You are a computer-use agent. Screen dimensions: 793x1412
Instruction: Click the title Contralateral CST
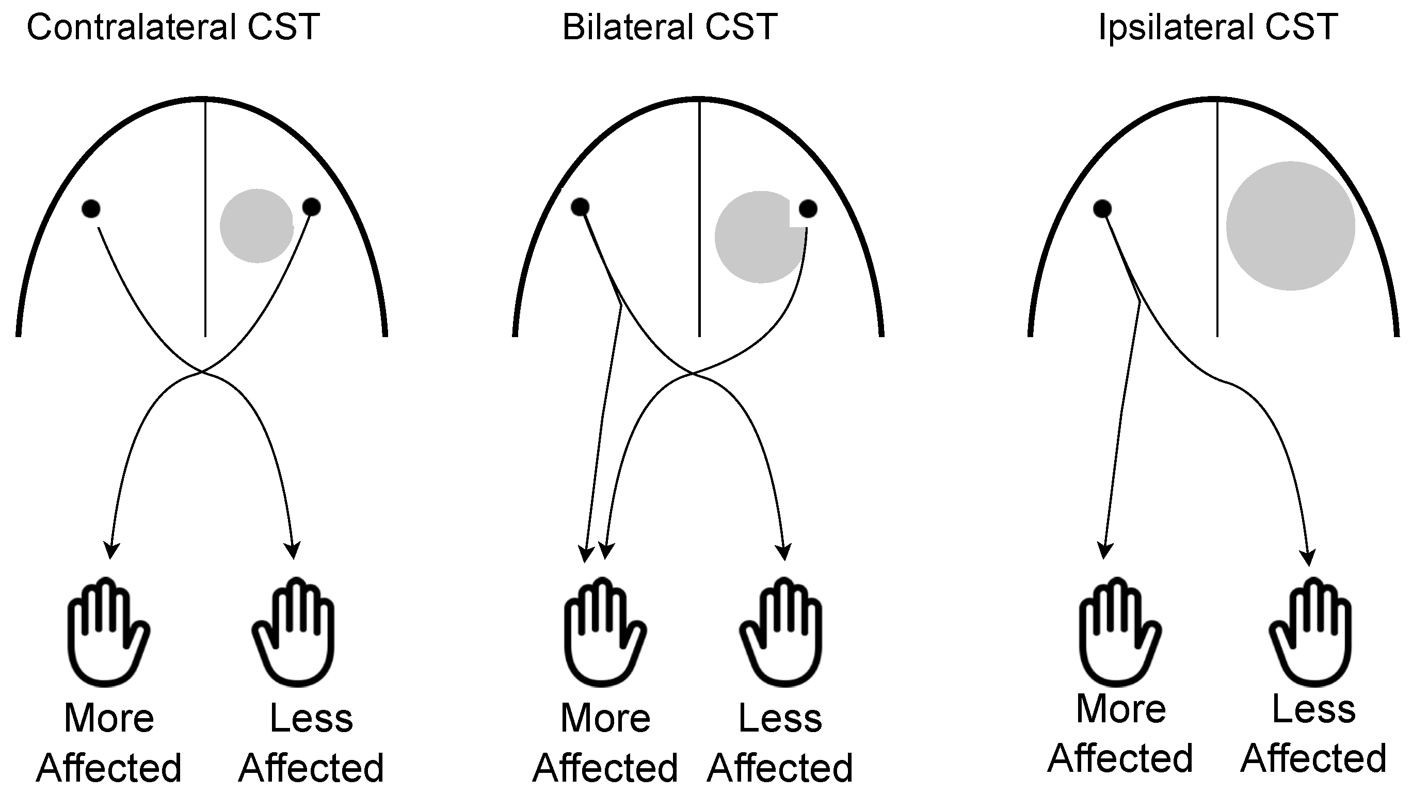pyautogui.click(x=173, y=27)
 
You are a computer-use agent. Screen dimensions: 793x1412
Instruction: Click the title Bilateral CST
pyautogui.click(x=669, y=27)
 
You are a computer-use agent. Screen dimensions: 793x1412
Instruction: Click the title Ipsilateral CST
pyautogui.click(x=1218, y=27)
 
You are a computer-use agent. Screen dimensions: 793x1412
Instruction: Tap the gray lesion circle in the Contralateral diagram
pyautogui.click(x=256, y=226)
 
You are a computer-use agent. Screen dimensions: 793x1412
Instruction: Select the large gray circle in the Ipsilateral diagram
pyautogui.click(x=1290, y=226)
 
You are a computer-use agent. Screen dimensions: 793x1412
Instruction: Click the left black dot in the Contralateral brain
pyautogui.click(x=91, y=209)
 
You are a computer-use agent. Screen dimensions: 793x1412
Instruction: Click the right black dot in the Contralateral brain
pyautogui.click(x=311, y=207)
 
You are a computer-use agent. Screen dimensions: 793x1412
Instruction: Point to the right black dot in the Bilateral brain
pyautogui.click(x=808, y=209)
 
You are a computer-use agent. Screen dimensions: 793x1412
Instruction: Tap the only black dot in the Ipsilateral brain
pyautogui.click(x=1102, y=209)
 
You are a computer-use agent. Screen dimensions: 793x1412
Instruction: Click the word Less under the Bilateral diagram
pyautogui.click(x=780, y=719)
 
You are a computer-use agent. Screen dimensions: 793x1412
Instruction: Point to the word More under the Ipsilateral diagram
pyautogui.click(x=1121, y=709)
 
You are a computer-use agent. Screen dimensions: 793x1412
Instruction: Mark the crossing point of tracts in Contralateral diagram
pyautogui.click(x=202, y=372)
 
